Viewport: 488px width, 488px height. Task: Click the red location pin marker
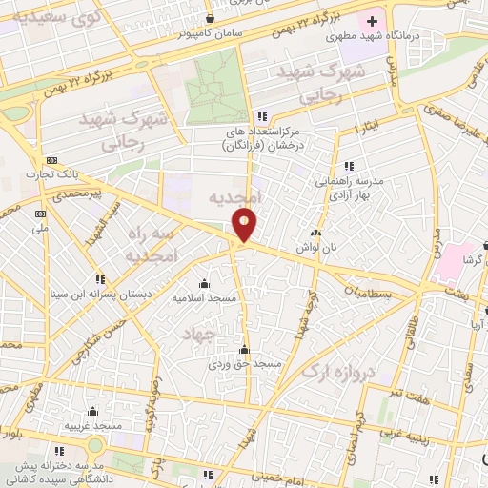(245, 226)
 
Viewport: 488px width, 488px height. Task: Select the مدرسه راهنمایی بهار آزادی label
(350, 185)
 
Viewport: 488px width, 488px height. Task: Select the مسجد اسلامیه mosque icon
(203, 283)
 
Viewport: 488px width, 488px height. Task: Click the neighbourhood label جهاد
(202, 332)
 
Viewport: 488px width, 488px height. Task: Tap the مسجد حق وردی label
(246, 364)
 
